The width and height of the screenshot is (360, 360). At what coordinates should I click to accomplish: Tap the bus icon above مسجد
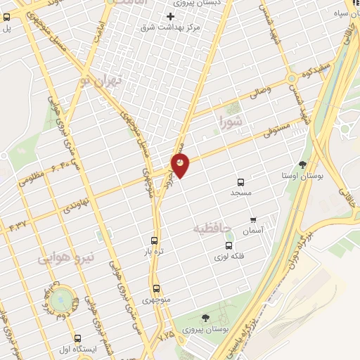tap(241, 181)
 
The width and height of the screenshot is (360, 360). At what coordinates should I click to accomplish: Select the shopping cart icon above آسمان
tap(253, 220)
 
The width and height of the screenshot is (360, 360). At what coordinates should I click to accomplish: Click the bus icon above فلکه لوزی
tap(229, 245)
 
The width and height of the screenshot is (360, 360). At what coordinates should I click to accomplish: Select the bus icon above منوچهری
tap(155, 288)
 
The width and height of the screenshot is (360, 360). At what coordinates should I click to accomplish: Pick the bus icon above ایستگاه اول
tap(77, 338)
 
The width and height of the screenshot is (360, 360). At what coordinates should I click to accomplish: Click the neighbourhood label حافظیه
tap(211, 229)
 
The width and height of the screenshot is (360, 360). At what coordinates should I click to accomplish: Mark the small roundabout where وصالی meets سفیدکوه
tap(290, 78)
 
